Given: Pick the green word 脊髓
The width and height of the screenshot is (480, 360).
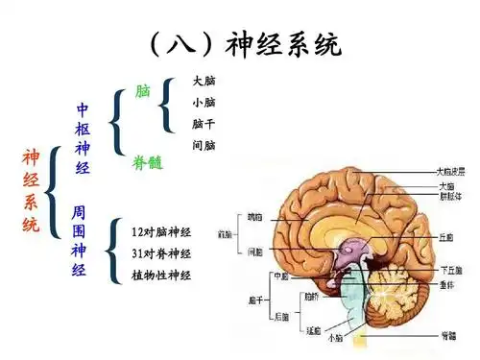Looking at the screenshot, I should tap(147, 163).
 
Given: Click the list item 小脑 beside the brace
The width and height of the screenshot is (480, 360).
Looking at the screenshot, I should tap(204, 102).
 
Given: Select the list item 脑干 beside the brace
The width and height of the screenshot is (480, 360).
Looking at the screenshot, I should tap(204, 124).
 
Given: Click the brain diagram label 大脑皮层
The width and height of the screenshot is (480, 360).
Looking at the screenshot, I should tap(453, 172).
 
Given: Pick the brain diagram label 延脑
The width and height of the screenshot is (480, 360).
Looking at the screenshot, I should tap(312, 328).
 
